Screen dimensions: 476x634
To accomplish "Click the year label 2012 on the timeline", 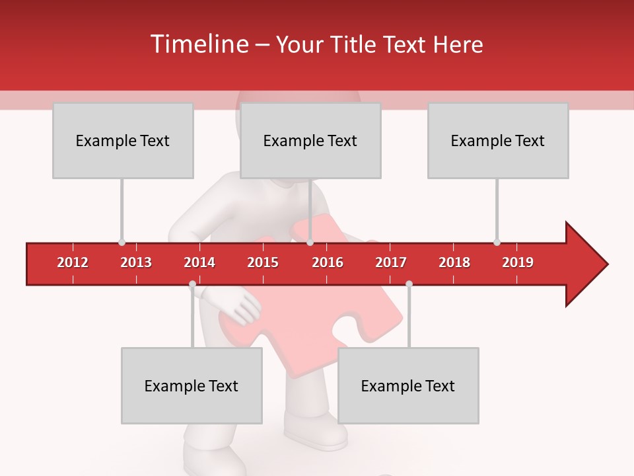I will (x=73, y=262).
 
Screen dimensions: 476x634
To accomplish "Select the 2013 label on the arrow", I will (x=136, y=262).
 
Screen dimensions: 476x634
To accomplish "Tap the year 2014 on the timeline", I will (x=199, y=262).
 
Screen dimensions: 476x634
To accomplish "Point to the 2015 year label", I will (x=263, y=262).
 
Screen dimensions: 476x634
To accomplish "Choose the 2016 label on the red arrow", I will (x=328, y=262).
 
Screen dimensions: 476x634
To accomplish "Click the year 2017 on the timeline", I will (x=391, y=262).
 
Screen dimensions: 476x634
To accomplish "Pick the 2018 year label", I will (x=454, y=262).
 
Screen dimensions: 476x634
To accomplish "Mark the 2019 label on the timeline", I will (x=518, y=262).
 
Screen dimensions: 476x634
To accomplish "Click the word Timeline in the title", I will (x=198, y=44).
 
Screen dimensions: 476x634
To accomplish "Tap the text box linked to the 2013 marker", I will (x=123, y=140).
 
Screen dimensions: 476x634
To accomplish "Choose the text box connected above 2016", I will (x=310, y=140).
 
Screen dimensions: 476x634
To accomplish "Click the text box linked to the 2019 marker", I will (x=498, y=140).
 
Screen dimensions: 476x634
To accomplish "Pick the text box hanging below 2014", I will (x=192, y=385).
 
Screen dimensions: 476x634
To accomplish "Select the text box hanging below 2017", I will (x=408, y=385).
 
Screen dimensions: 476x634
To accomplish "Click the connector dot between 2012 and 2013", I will (x=122, y=242).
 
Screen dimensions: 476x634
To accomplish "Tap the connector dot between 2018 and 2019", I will (x=497, y=242).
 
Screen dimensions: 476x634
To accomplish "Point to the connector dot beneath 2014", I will (x=192, y=284).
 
